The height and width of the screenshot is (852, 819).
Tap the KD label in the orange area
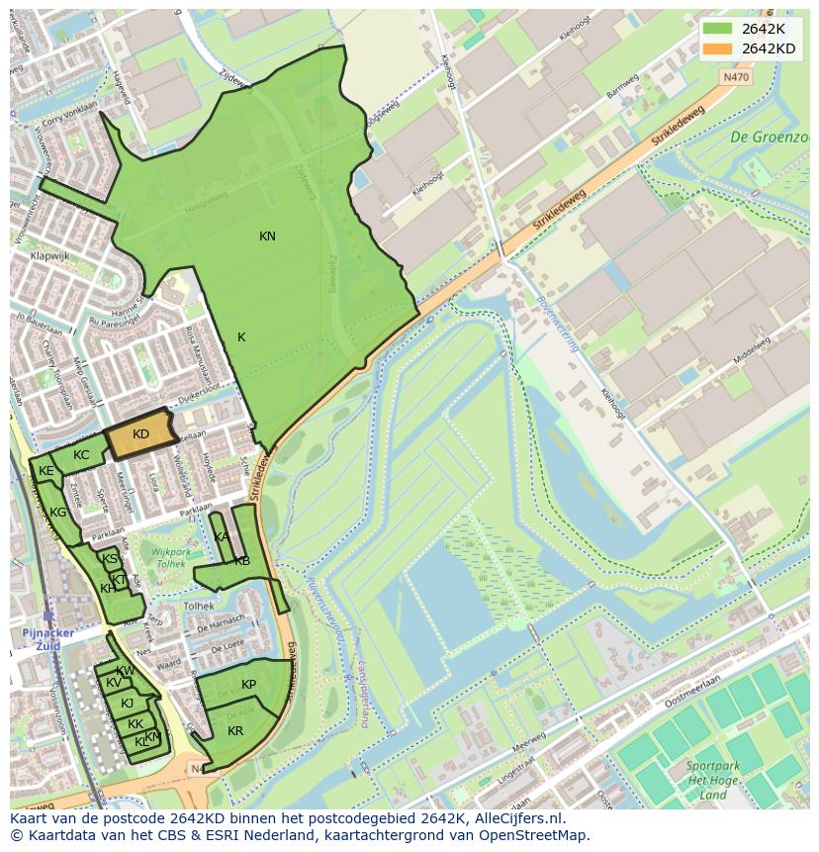[140, 434]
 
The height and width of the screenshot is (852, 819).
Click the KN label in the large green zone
[267, 236]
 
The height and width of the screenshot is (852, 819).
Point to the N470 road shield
[736, 75]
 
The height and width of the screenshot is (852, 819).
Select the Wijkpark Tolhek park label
[163, 556]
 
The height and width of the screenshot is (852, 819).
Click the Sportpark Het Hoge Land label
[712, 780]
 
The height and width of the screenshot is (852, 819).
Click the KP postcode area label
[248, 685]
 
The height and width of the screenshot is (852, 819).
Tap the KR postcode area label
[235, 731]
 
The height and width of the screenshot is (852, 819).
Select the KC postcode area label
[81, 455]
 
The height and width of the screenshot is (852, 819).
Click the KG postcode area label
[58, 513]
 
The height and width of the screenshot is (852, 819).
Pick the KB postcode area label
[242, 561]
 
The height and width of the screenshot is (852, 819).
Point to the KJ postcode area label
[127, 704]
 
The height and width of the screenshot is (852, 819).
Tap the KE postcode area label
[45, 472]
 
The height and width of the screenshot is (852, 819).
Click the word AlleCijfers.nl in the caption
[517, 818]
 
